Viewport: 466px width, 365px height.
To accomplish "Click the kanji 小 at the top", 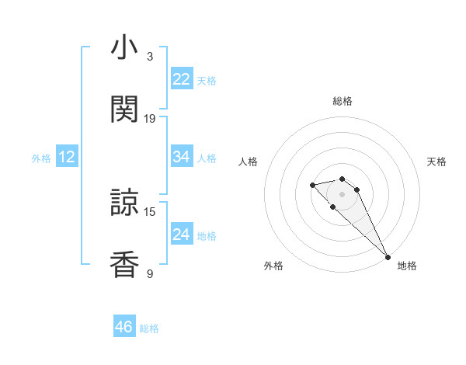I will coord(125,48).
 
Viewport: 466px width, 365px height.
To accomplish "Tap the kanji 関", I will coord(125,109).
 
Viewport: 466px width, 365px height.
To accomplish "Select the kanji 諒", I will coord(125,203).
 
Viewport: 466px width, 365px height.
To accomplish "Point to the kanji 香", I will coord(125,265).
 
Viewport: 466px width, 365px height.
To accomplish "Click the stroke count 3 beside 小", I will coord(150,57).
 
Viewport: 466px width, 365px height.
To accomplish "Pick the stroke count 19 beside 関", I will coord(150,118).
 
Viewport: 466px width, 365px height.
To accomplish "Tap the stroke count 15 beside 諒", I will coord(150,211).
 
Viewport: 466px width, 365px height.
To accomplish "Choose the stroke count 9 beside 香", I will coord(150,273).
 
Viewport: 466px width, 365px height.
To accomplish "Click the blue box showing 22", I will coord(182,78).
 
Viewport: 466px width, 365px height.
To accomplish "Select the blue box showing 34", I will coord(182,157).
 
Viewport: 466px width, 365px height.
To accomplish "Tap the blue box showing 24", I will coord(182,235).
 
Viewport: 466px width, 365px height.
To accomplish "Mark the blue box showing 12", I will coord(67,157).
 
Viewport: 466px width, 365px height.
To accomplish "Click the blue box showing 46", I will coord(124,327).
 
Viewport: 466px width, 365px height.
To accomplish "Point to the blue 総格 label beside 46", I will coord(149,328).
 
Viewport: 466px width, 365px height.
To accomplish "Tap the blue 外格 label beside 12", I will coord(41,158).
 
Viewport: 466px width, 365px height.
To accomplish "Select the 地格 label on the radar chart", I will coord(407,266).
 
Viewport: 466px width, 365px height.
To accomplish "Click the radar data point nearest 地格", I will coord(388,257).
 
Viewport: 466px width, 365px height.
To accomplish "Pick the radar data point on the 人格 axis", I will coord(312,185).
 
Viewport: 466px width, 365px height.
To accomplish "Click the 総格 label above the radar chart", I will coord(343,102).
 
